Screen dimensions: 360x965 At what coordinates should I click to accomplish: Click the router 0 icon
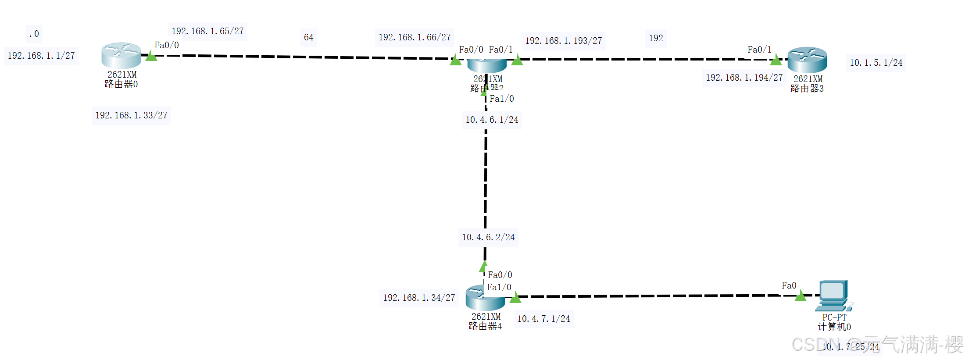pyautogui.click(x=121, y=55)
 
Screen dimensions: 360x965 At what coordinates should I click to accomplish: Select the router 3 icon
pyautogui.click(x=807, y=60)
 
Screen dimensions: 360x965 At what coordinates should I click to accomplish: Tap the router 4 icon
pyautogui.click(x=485, y=298)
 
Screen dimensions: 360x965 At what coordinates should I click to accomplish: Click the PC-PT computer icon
pyautogui.click(x=834, y=295)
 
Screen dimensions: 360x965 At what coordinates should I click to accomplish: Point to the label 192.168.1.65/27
pyautogui.click(x=207, y=32)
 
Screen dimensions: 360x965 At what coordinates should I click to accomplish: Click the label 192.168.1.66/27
pyautogui.click(x=415, y=38)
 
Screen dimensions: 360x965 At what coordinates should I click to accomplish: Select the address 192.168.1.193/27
pyautogui.click(x=563, y=41)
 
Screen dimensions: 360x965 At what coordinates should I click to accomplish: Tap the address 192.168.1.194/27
pyautogui.click(x=744, y=78)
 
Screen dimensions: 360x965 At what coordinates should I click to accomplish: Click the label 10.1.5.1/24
pyautogui.click(x=876, y=63)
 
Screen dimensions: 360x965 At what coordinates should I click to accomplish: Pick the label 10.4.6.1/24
pyautogui.click(x=492, y=120)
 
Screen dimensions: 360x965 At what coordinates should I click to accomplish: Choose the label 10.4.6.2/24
pyautogui.click(x=488, y=238)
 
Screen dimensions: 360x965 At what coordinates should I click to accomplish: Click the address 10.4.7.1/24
pyautogui.click(x=543, y=319)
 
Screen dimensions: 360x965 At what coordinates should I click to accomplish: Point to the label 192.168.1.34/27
pyautogui.click(x=419, y=298)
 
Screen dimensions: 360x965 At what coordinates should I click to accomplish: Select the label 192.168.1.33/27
pyautogui.click(x=131, y=116)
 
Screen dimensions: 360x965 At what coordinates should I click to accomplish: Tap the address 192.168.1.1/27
pyautogui.click(x=41, y=56)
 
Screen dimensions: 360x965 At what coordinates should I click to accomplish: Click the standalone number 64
pyautogui.click(x=309, y=38)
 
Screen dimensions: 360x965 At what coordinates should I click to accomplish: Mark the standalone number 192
pyautogui.click(x=656, y=39)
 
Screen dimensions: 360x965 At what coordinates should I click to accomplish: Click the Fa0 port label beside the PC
pyautogui.click(x=789, y=286)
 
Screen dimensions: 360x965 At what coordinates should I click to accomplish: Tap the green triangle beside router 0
pyautogui.click(x=151, y=56)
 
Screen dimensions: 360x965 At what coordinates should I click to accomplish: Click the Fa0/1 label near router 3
pyautogui.click(x=759, y=50)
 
